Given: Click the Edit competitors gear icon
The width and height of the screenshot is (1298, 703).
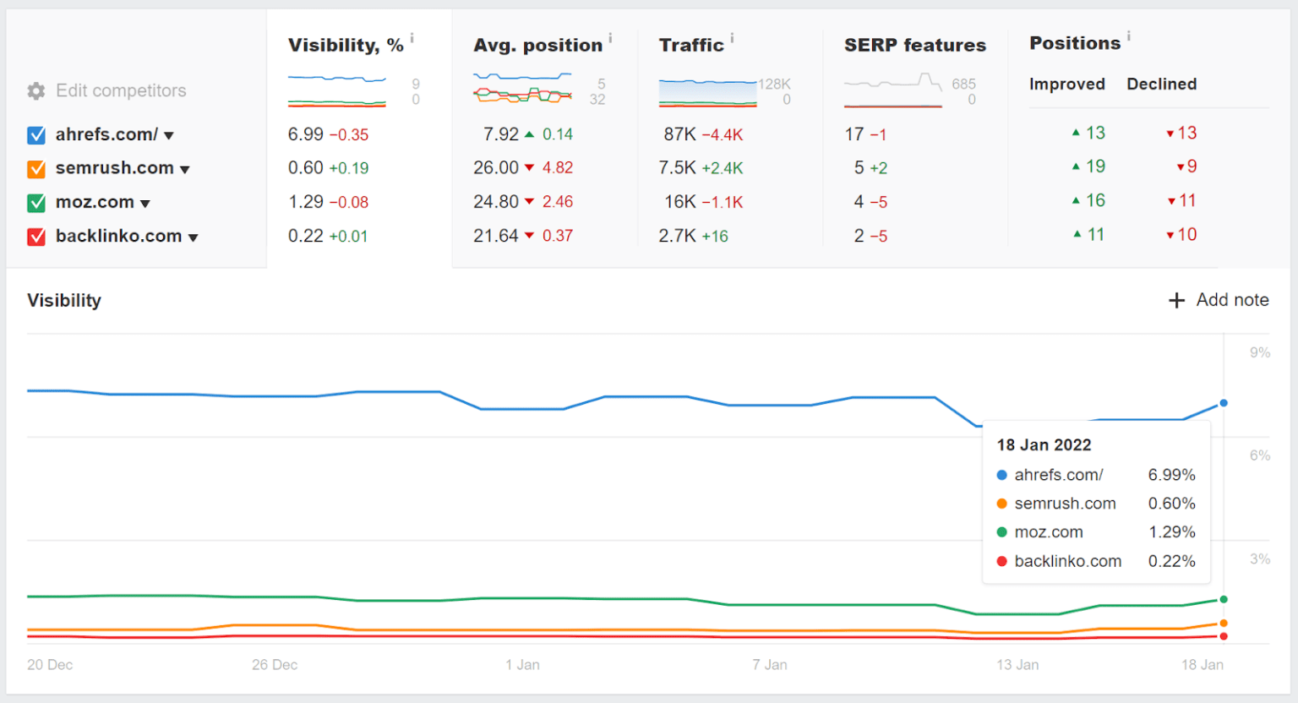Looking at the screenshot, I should click(36, 91).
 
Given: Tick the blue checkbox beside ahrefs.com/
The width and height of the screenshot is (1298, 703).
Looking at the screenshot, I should click(36, 135).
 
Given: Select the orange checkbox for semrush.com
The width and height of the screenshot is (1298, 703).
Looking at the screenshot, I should click(36, 169).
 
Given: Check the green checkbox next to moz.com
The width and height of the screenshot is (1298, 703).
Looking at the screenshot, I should click(36, 203).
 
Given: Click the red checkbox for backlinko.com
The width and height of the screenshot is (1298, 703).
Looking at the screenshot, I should click(36, 237).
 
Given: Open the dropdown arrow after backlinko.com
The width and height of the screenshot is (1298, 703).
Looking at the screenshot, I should click(194, 238).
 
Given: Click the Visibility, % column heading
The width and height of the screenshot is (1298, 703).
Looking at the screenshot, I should click(346, 46).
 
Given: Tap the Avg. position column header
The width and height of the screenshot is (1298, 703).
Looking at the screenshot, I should click(537, 46).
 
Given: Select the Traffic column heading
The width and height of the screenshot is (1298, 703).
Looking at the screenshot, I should click(691, 46).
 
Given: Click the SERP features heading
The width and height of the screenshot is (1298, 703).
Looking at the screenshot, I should click(914, 46).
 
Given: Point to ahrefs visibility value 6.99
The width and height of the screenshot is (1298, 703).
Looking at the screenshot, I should click(306, 134).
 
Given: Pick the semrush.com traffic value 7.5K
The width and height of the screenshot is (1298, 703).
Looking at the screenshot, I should click(677, 168).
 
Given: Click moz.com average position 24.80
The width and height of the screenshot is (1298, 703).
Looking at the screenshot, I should click(496, 202).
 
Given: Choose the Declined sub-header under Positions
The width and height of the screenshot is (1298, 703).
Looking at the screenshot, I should click(1161, 84).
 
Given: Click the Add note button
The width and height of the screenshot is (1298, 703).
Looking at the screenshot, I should click(1219, 300).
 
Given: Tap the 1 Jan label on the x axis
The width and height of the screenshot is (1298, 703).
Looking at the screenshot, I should click(522, 665).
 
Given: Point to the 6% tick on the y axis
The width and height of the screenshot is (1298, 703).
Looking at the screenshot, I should click(1259, 455).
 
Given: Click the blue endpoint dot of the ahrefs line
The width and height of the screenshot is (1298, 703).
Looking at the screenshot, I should click(1224, 403).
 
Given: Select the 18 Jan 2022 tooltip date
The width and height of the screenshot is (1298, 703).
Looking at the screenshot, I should click(1044, 445).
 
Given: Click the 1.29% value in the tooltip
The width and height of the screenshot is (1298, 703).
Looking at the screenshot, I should click(1171, 532).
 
